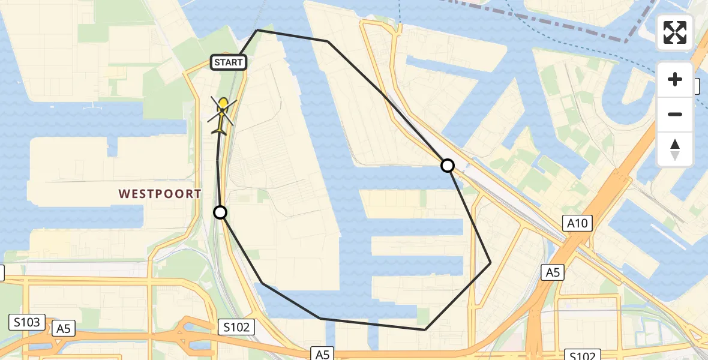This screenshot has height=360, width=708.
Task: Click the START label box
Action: pyautogui.click(x=229, y=62)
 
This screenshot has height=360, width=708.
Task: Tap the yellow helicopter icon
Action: pyautogui.click(x=222, y=114)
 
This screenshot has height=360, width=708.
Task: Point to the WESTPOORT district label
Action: pyautogui.click(x=160, y=194)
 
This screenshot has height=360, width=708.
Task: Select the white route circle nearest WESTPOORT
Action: pyautogui.click(x=220, y=212)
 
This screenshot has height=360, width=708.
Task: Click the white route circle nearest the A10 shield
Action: pyautogui.click(x=448, y=165)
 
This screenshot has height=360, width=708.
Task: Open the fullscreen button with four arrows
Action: pyautogui.click(x=675, y=32)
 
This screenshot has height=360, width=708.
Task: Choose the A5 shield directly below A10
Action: pyautogui.click(x=553, y=273)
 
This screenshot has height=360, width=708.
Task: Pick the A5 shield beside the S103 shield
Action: pyautogui.click(x=64, y=328)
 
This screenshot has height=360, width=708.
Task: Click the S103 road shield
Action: pyautogui.click(x=28, y=322)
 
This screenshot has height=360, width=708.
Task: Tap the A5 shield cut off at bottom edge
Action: pyautogui.click(x=322, y=354)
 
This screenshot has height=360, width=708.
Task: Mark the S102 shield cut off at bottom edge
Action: pyautogui.click(x=582, y=355)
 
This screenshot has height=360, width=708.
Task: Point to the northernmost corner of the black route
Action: pyautogui.click(x=257, y=30)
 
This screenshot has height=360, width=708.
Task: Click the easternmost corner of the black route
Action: pyautogui.click(x=490, y=263)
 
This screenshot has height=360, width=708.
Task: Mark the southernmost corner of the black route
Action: pyautogui.click(x=425, y=329)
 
